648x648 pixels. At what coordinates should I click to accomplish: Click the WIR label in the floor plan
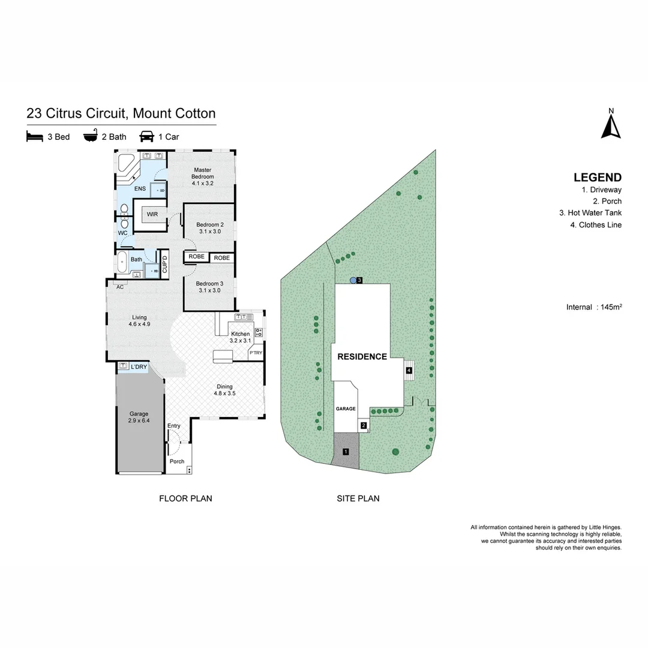(152, 214)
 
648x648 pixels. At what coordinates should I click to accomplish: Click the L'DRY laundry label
(139, 367)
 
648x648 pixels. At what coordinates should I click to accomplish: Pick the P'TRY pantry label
(256, 353)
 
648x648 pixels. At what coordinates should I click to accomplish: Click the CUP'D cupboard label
(164, 265)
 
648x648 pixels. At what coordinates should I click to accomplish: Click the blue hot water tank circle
(353, 280)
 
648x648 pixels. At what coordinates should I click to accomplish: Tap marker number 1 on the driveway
(346, 451)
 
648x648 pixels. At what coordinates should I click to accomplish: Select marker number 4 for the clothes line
(409, 371)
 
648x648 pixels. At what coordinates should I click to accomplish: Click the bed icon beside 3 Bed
(35, 137)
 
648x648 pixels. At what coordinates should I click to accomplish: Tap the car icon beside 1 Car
(146, 137)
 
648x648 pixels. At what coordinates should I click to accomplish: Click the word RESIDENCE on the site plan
(362, 356)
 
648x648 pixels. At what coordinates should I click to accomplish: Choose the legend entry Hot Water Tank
(590, 213)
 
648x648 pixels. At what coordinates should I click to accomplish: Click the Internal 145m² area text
(593, 307)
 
